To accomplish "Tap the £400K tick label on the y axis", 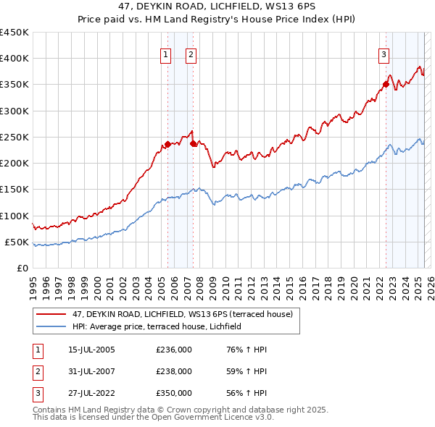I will click(x=14, y=59).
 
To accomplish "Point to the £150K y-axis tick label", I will click(x=14, y=190).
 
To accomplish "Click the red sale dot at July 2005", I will click(x=167, y=145).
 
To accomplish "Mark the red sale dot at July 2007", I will click(x=194, y=143).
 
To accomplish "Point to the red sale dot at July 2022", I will click(x=386, y=85).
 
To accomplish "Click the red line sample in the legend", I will click(x=51, y=314).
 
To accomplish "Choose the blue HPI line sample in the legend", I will click(x=51, y=327).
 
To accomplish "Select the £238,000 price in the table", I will click(x=174, y=371).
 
